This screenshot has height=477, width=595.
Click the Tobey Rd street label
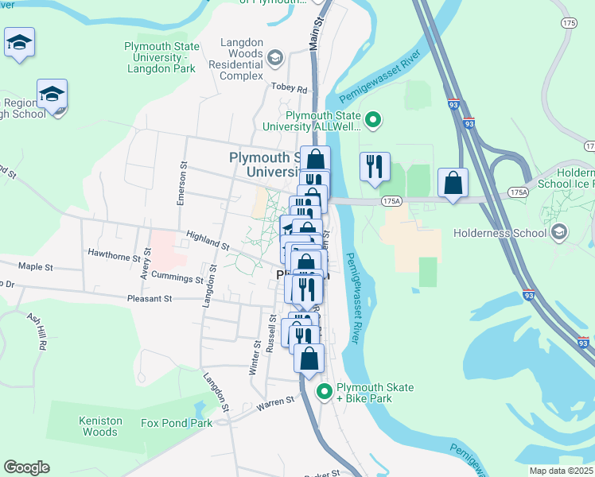(x=289, y=88)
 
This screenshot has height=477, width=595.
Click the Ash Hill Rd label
(x=37, y=332)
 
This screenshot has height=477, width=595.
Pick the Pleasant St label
(x=150, y=299)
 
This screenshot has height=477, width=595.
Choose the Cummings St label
(x=177, y=279)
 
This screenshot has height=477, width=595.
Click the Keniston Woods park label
(x=100, y=426)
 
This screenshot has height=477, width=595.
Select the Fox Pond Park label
(x=177, y=423)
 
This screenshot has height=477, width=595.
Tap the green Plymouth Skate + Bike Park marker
(x=325, y=392)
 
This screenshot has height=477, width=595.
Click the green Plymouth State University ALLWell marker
(x=373, y=121)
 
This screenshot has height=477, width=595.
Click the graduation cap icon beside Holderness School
(x=558, y=233)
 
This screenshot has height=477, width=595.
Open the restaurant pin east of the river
(x=375, y=167)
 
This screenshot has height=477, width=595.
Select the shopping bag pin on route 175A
(x=453, y=183)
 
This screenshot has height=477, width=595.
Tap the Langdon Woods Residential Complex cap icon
(x=274, y=56)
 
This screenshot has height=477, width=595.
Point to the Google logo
(x=26, y=467)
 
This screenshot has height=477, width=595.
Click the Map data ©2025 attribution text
(x=561, y=471)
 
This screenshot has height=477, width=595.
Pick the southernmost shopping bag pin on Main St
(x=309, y=358)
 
